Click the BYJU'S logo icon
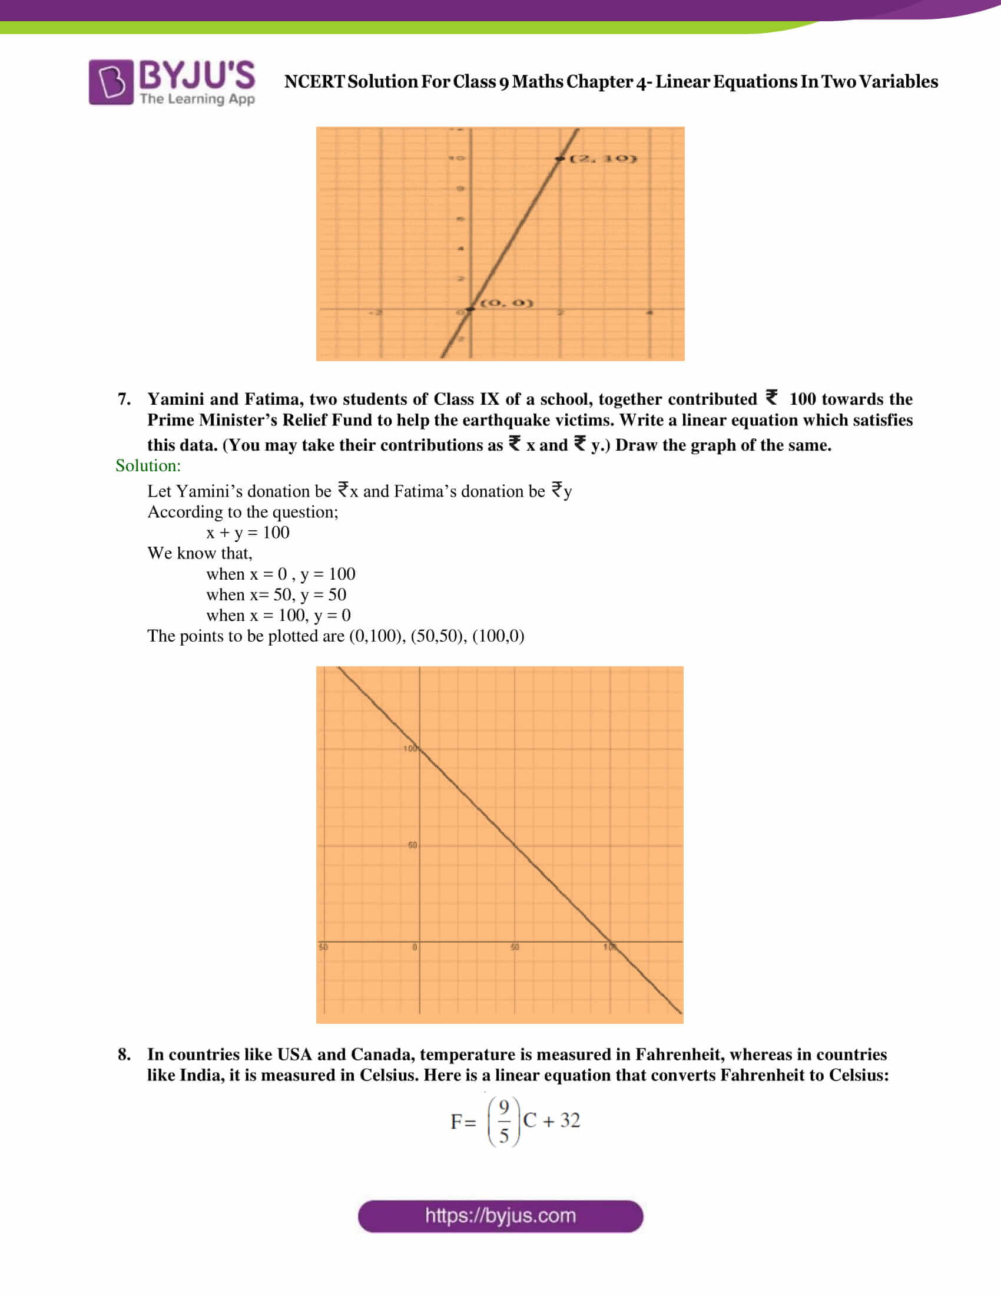point(111,82)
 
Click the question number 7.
point(123,399)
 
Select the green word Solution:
point(148,465)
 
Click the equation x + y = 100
point(248,533)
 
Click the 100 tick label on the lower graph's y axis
point(410,748)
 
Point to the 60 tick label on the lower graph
point(412,844)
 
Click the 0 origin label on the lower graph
point(415,947)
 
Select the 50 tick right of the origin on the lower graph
point(515,947)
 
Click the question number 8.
point(123,1054)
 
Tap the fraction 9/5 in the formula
point(503,1121)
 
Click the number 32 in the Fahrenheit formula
point(570,1120)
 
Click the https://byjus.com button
point(500,1216)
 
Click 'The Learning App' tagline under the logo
point(197,98)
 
